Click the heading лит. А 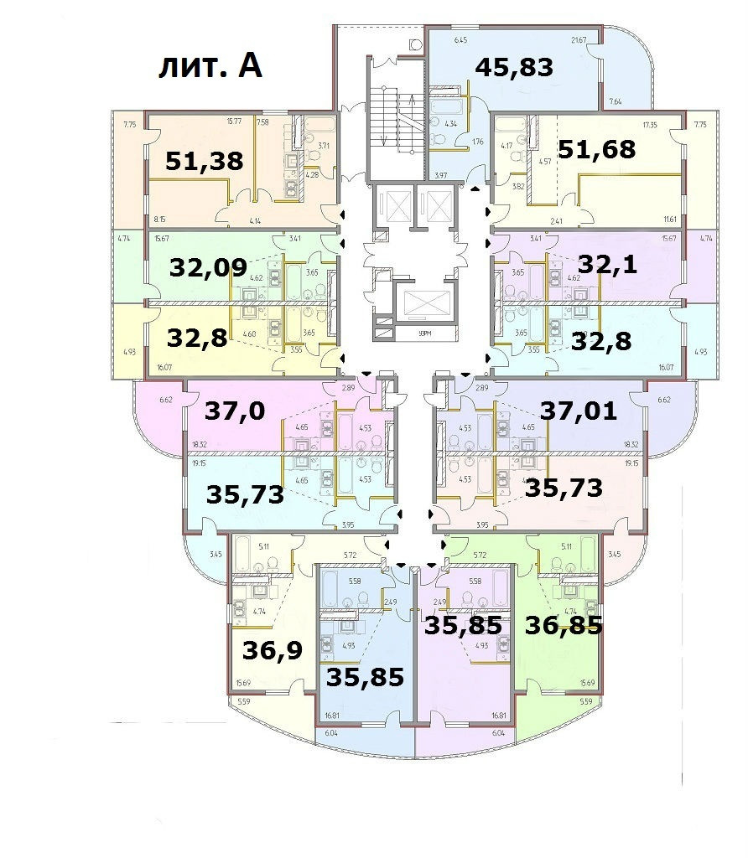click(x=210, y=66)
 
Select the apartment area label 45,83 click(x=514, y=67)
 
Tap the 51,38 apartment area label click(x=204, y=160)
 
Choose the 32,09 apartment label click(x=208, y=268)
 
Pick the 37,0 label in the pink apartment click(x=236, y=411)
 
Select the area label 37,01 click(x=579, y=411)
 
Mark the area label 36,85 click(x=564, y=624)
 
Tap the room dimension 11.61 click(x=668, y=220)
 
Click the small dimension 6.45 click(x=460, y=40)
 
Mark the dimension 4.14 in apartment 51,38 click(x=256, y=221)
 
